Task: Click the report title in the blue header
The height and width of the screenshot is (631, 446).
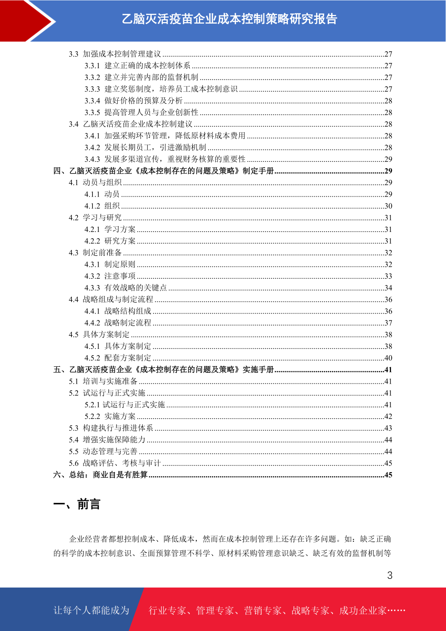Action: coord(230,19)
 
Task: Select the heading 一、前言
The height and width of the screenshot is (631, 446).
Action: coord(77,504)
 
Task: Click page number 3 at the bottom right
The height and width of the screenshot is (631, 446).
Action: coord(390,576)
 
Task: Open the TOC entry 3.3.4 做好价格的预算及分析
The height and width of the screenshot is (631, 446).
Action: coord(133,101)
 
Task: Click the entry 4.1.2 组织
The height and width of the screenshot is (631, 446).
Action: coord(102,206)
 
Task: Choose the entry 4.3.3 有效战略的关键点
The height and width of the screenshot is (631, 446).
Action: coord(125,288)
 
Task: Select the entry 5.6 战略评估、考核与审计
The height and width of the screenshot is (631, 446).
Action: coord(115,463)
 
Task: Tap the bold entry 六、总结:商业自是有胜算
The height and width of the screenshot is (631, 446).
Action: coord(100,475)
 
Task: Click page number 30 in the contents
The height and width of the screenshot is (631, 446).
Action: coord(388,206)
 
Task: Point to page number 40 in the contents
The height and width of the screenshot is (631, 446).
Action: coord(388,358)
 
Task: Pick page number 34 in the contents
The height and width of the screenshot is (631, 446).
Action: coord(388,288)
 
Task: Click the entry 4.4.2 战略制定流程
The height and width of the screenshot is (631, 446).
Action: coord(118,323)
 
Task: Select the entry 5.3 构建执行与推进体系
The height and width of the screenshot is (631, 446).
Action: coord(111,428)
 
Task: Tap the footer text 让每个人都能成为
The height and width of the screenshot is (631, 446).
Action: coord(91,610)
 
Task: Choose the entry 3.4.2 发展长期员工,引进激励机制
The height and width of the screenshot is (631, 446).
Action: coord(145,148)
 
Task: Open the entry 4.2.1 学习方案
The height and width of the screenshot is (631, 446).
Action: coord(110,229)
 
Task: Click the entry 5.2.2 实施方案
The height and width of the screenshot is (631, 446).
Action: coord(110,416)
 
